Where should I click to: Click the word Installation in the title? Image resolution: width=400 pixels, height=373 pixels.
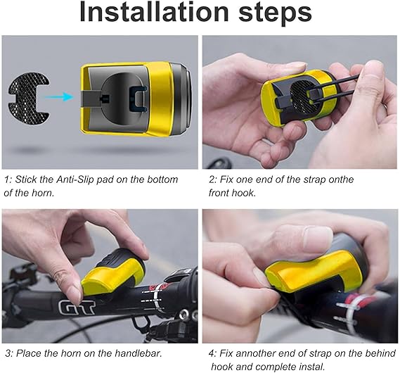pos(154,12)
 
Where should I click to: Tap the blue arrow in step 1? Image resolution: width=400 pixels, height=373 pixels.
pos(59,96)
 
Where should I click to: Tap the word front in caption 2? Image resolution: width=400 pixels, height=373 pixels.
pos(219,193)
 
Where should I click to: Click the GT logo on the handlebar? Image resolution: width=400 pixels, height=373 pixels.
pos(77,306)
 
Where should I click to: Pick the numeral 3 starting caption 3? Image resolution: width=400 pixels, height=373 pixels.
pos(8,353)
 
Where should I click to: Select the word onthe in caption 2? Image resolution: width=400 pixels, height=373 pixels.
pos(341,179)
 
